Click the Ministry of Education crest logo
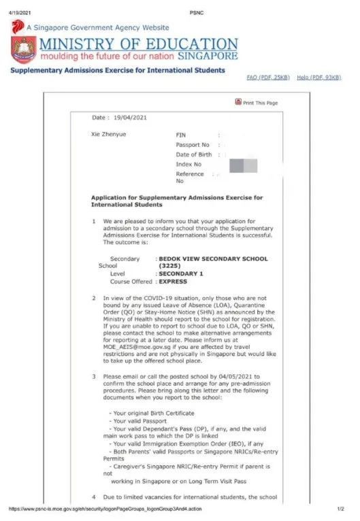point(24,50)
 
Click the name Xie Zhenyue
point(109,134)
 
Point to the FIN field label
point(181,135)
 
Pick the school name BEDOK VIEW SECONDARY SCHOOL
point(213,258)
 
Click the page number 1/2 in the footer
point(341,508)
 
